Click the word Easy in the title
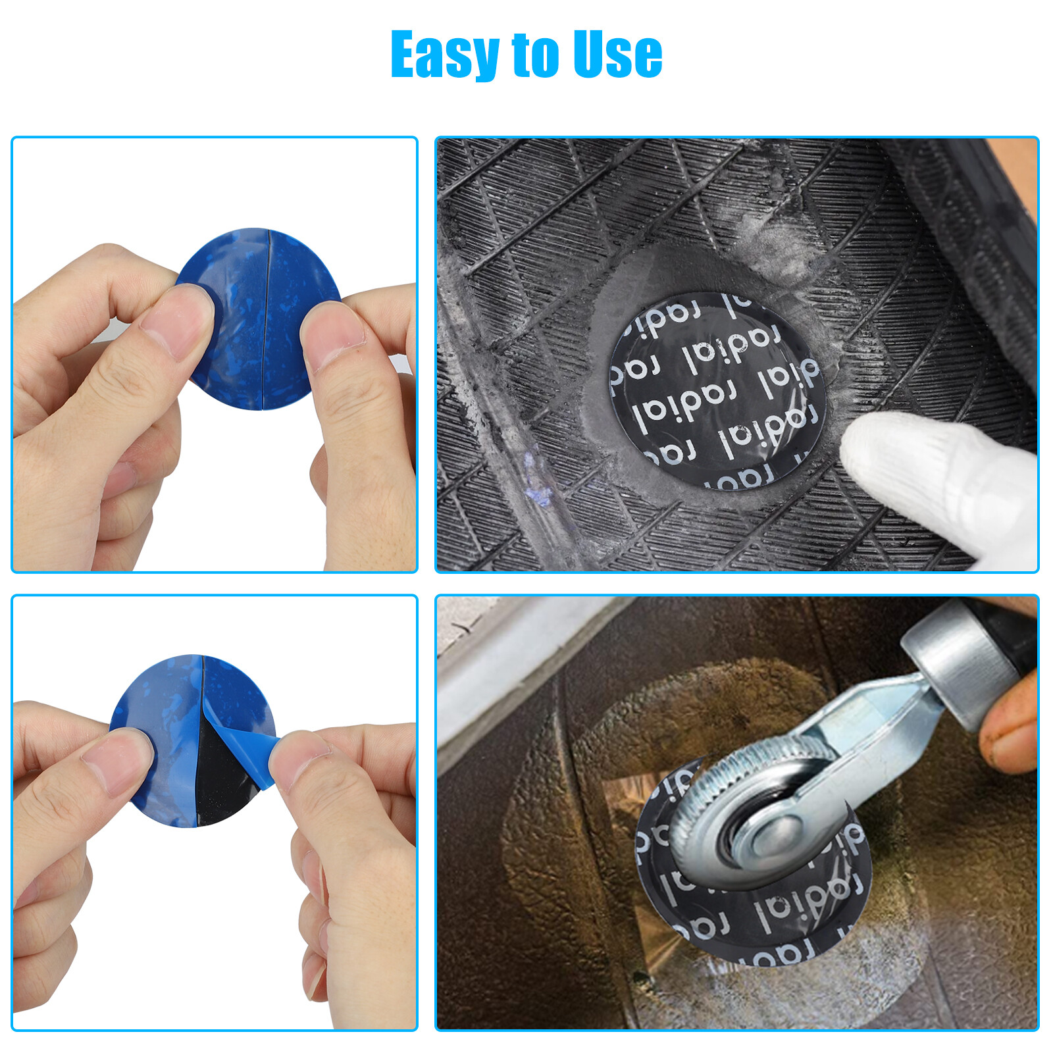click(445, 55)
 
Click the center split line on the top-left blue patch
click(266, 316)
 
